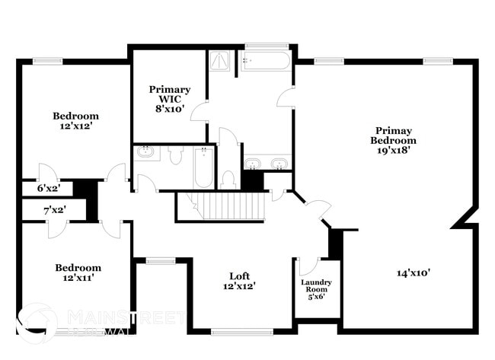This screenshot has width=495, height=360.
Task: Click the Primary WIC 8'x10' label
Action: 169,98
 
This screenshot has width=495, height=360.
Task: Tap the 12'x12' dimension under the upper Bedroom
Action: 75,126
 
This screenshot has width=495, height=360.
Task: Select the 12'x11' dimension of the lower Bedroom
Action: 78,278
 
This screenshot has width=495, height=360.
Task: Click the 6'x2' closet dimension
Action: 49,187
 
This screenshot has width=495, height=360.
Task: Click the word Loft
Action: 240,276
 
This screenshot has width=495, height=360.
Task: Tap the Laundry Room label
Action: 316,285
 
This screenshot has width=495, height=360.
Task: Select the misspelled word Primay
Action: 393,129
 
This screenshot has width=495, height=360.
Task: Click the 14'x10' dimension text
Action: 414,272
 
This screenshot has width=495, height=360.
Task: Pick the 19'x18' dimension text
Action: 393,151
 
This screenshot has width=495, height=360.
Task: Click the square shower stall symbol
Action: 222,60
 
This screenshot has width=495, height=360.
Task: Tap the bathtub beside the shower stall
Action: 265,60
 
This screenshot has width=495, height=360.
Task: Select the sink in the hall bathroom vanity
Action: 146,152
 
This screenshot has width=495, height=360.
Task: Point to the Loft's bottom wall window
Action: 241,331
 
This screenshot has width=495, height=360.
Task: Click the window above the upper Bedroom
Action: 48,61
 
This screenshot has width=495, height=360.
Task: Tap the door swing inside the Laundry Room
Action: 307,266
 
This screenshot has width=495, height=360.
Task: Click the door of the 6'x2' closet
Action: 48,171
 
